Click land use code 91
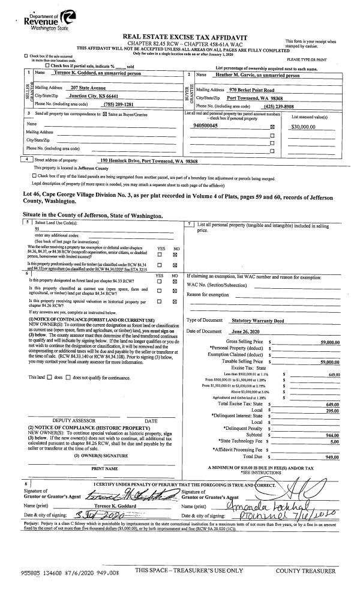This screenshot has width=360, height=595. (37, 229)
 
